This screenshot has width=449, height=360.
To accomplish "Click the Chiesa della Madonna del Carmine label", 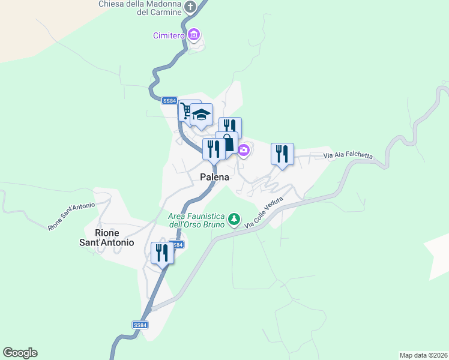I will coord(140,8).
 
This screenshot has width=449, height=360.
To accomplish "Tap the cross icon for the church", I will coord(191,7).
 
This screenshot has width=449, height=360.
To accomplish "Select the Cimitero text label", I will coord(168,35).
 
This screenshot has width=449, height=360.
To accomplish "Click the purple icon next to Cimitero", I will coord(193,35).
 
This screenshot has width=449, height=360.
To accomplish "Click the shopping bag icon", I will coord(229,144).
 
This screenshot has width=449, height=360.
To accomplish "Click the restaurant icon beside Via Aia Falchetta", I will coord(282,154).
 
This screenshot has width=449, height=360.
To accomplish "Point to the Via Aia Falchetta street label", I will coord(348,156).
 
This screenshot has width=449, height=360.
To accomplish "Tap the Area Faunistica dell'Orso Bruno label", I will coord(196,220).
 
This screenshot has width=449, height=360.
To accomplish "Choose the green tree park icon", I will coord(234,220).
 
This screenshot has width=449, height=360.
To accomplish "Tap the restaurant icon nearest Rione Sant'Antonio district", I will coord(162,253).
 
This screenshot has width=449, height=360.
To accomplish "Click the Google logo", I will coord(20,353).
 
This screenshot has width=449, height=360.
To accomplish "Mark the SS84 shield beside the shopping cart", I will coord(170,101).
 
